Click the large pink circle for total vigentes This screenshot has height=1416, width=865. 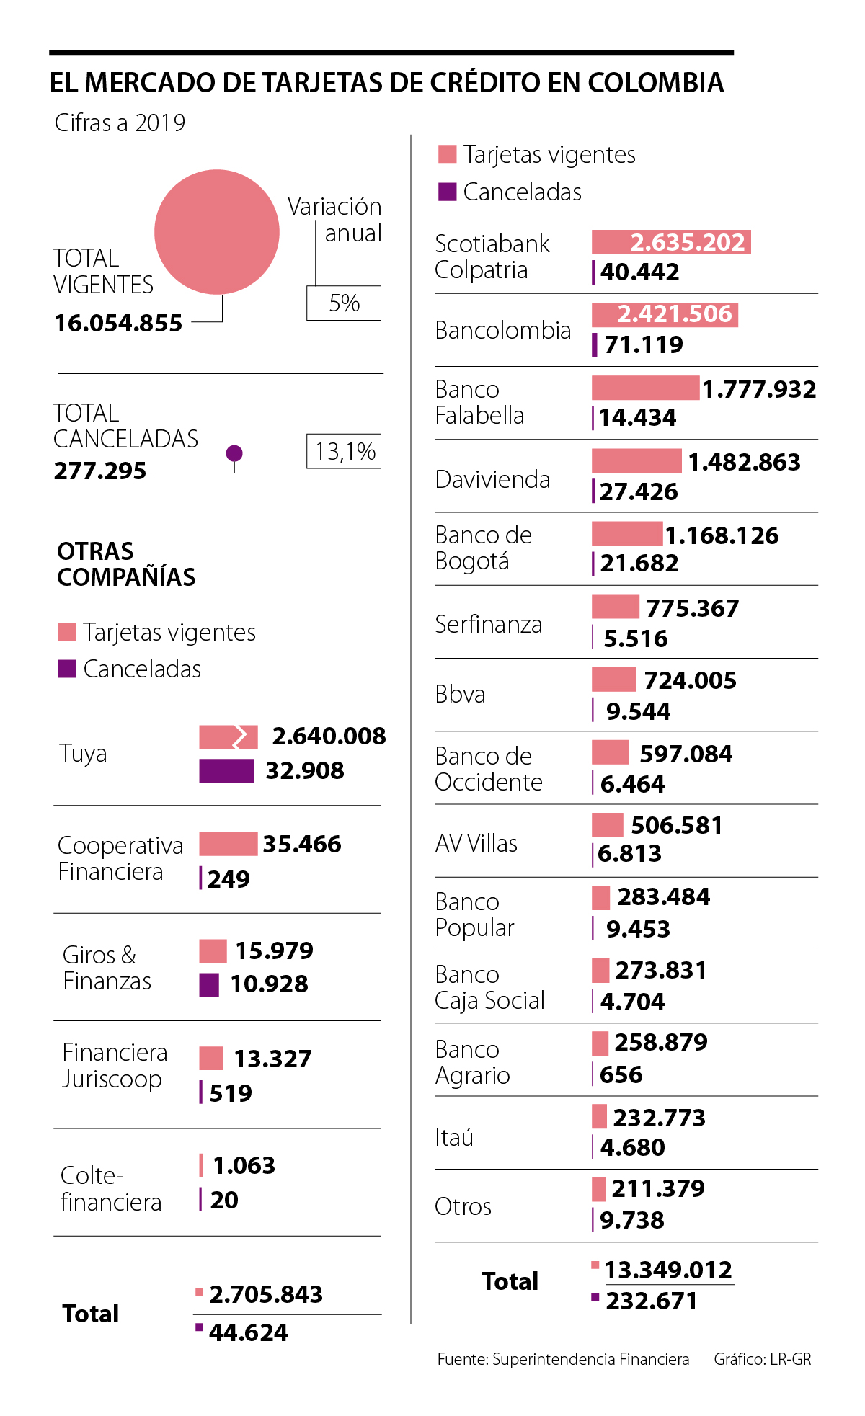(216, 232)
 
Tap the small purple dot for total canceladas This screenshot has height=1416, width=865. (234, 453)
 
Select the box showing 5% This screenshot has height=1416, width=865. (344, 303)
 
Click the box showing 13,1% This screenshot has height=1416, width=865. (344, 452)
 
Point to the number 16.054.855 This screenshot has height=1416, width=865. (119, 323)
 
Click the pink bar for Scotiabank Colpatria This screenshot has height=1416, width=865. (670, 242)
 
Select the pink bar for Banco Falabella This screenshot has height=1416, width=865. (645, 388)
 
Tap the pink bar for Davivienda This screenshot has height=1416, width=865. (636, 460)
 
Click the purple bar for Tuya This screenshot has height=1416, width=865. (226, 770)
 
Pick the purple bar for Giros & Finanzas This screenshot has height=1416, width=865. (209, 984)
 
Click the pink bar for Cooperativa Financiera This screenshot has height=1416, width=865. (228, 844)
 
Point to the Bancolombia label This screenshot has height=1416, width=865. (502, 330)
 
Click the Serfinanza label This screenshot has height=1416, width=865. (488, 624)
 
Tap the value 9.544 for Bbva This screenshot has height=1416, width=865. (638, 711)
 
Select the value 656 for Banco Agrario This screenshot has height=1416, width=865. (621, 1074)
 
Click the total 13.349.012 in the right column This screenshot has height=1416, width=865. (668, 1270)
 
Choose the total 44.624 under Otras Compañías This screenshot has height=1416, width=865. (248, 1332)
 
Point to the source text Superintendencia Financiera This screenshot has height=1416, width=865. (590, 1359)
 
